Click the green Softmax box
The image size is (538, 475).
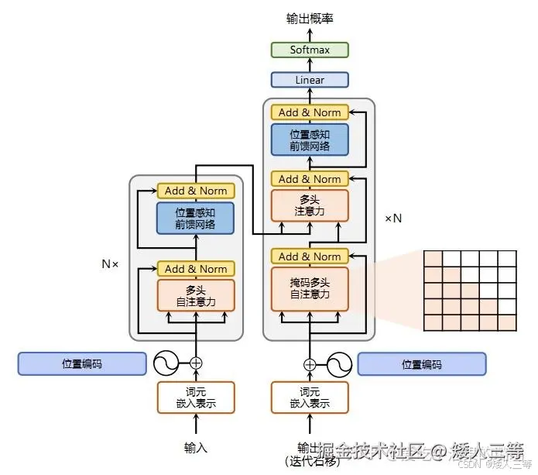[310, 50]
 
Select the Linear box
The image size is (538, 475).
[310, 80]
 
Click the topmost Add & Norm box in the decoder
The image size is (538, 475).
[310, 112]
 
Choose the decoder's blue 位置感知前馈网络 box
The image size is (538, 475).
[310, 139]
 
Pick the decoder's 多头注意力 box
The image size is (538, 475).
[310, 205]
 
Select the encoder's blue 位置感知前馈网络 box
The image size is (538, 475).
[196, 219]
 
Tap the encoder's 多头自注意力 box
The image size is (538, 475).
[196, 295]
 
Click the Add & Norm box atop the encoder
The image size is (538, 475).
[196, 191]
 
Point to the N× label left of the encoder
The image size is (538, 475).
[110, 263]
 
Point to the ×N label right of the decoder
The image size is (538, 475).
[393, 219]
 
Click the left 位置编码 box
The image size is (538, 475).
[82, 363]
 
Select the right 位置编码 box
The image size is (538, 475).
[422, 364]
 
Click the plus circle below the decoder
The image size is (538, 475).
[310, 364]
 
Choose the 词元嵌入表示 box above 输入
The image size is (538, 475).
[196, 397]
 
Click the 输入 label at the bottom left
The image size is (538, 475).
[196, 447]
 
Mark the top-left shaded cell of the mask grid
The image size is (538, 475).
[432, 260]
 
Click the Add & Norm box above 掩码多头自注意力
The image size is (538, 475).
[310, 256]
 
